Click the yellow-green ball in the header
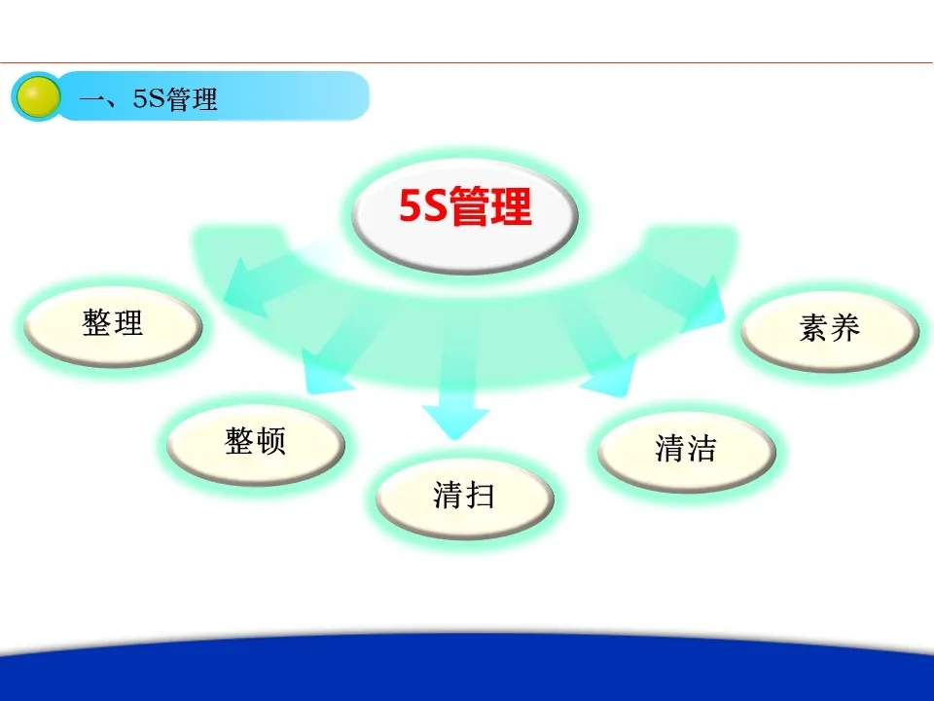38,96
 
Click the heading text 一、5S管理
148,99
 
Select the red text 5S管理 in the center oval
465,206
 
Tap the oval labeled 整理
113,325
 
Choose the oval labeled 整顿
256,442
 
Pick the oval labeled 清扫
465,498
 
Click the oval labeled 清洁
686,450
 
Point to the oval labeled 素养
830,329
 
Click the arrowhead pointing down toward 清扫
455,423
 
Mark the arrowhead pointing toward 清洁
609,376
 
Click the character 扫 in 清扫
480,496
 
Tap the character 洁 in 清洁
701,448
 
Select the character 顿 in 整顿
271,442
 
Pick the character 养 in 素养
845,328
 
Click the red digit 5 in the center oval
410,206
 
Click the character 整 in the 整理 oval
96,323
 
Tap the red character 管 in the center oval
469,206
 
